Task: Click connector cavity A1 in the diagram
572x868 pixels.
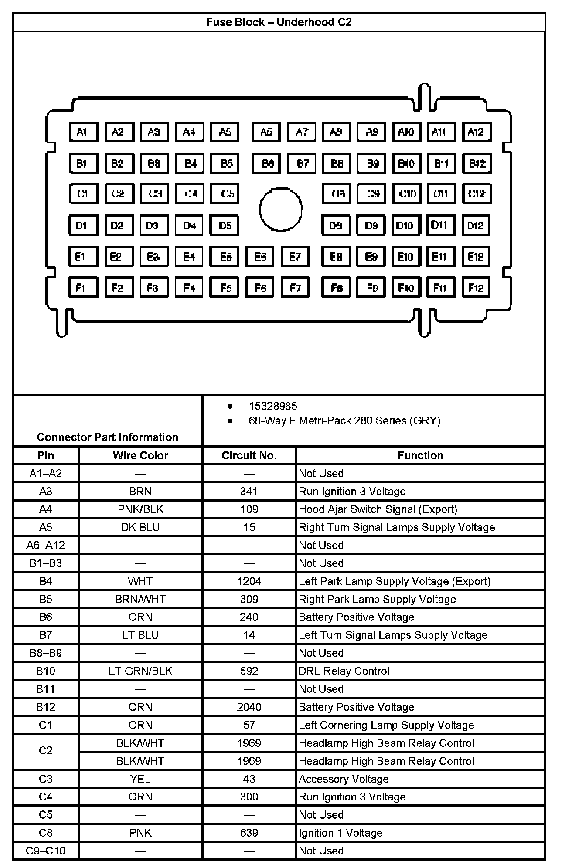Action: tap(84, 132)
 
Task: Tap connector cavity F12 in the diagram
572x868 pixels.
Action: tap(476, 288)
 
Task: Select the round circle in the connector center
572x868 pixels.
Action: tap(281, 210)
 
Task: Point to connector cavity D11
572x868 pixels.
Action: tap(440, 225)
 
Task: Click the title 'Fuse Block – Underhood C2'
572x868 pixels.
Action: tap(279, 22)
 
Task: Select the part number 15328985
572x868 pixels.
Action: tap(273, 406)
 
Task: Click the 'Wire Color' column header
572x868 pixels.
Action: tap(140, 455)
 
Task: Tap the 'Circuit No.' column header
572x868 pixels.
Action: tap(249, 455)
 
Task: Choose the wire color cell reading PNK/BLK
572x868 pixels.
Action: tap(140, 509)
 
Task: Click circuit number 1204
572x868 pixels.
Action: tap(249, 581)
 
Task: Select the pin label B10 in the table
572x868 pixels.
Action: tap(46, 671)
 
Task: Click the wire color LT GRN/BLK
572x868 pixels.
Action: tap(140, 671)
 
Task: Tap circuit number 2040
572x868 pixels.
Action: tap(249, 707)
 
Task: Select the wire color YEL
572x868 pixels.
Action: tap(140, 779)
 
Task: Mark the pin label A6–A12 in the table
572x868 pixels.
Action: tap(46, 545)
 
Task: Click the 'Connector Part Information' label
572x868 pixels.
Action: tap(108, 437)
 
